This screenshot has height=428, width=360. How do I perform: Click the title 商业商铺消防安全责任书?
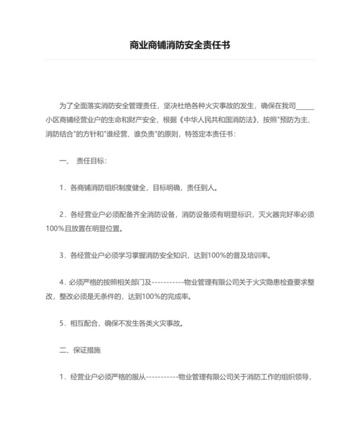pyautogui.click(x=180, y=46)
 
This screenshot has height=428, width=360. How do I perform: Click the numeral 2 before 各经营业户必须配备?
pyautogui.click(x=62, y=214)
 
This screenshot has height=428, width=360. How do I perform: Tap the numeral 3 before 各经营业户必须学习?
pyautogui.click(x=62, y=256)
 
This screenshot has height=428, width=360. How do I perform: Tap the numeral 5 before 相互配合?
pyautogui.click(x=62, y=324)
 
